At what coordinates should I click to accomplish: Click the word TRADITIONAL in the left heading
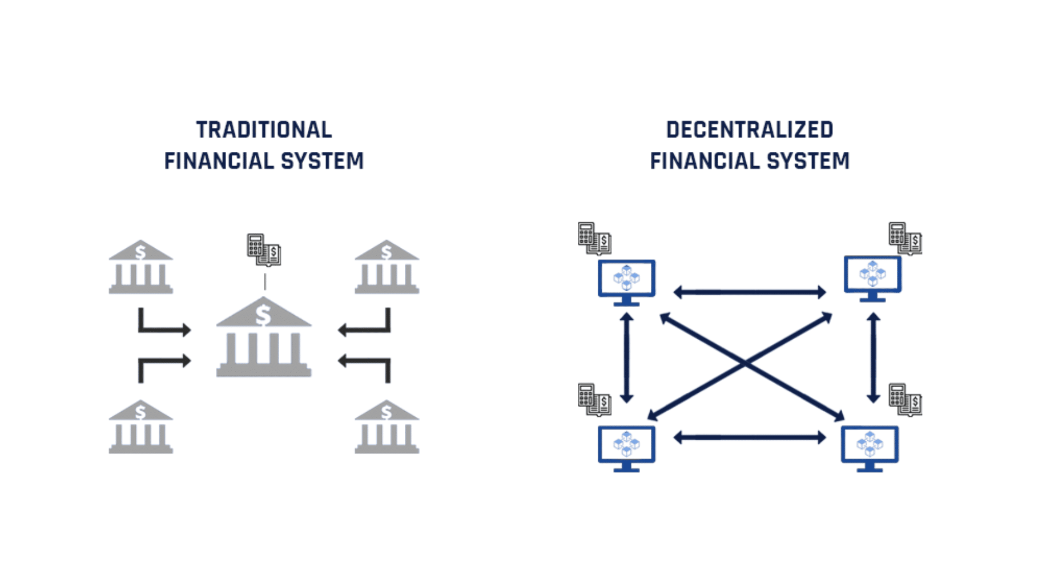pos(264,130)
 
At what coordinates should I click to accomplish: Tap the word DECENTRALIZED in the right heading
pos(750,130)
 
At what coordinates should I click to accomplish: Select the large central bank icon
pos(264,337)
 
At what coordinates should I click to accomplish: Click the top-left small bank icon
pos(140,267)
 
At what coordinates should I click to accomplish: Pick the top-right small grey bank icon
pos(387,267)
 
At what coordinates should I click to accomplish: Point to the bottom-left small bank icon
pos(140,427)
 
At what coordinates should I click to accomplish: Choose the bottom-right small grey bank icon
pos(387,427)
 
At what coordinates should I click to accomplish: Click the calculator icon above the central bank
pos(264,250)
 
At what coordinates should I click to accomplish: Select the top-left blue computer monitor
pos(626,283)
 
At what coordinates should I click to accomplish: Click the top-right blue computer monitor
pos(873,279)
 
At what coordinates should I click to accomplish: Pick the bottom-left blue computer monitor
pos(626,449)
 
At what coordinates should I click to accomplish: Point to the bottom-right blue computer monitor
pos(870,449)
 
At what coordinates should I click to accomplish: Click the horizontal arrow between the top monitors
pos(750,292)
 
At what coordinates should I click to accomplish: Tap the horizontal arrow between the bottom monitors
pos(750,438)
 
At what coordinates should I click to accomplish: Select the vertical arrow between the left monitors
pos(627,358)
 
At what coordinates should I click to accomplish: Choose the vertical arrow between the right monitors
pos(874,358)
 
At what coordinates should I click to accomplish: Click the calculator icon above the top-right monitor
pos(906,239)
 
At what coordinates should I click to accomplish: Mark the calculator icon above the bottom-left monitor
pos(595,399)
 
